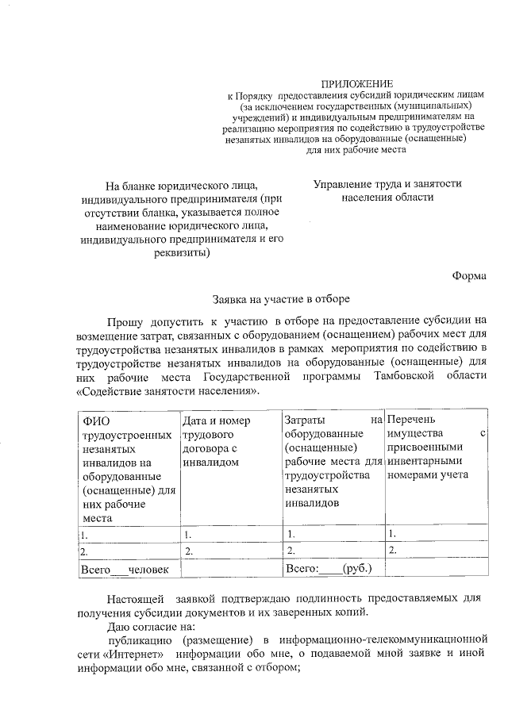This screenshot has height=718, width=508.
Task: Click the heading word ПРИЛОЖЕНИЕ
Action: (356, 84)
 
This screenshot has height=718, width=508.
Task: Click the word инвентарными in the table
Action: (424, 461)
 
